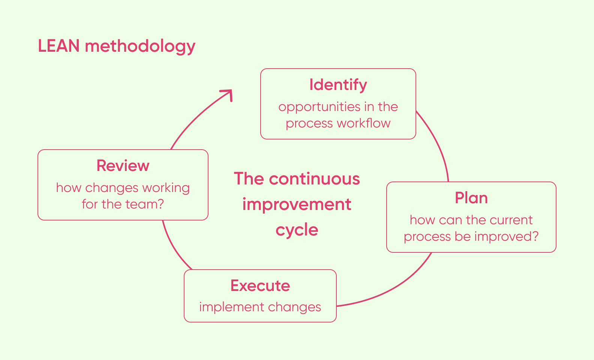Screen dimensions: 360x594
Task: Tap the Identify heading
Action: [338, 85]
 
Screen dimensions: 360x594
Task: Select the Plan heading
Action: [471, 198]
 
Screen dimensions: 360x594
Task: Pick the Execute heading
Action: [260, 286]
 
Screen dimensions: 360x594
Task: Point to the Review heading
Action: [123, 166]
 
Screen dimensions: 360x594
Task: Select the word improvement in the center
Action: [297, 205]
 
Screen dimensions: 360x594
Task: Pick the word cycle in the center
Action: [297, 230]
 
